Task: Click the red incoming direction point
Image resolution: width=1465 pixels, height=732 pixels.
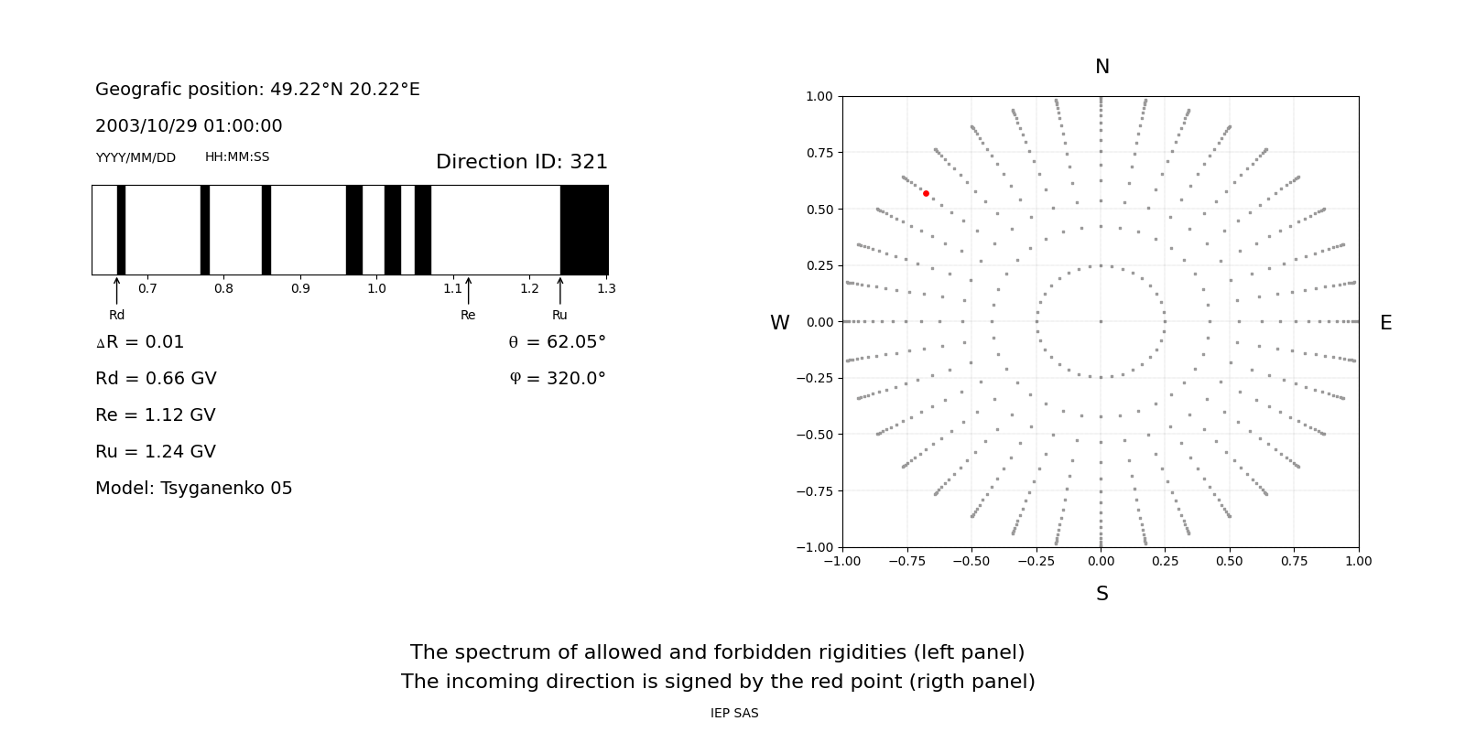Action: pyautogui.click(x=926, y=193)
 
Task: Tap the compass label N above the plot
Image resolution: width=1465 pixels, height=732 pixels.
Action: pyautogui.click(x=1101, y=67)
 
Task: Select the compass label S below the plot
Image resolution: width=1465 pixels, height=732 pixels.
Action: pyautogui.click(x=1101, y=594)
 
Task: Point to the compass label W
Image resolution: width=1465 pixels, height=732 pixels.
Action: pyautogui.click(x=779, y=323)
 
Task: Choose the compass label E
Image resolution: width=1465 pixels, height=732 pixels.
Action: pyautogui.click(x=1385, y=323)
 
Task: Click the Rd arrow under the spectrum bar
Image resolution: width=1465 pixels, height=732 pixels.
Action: pyautogui.click(x=116, y=291)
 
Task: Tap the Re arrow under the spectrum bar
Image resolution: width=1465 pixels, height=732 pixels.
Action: pyautogui.click(x=468, y=291)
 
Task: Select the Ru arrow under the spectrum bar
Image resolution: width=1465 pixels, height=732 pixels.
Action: pyautogui.click(x=559, y=291)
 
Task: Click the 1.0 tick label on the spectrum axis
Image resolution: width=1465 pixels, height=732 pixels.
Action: pyautogui.click(x=376, y=288)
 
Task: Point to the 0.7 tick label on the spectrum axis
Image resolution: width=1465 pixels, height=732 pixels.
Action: pyautogui.click(x=147, y=288)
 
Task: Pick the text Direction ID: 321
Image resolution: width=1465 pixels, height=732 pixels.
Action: pyautogui.click(x=521, y=162)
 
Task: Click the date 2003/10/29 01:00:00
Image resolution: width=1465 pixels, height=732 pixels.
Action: pyautogui.click(x=189, y=126)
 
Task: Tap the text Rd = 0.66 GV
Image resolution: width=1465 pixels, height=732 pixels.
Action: pyautogui.click(x=156, y=379)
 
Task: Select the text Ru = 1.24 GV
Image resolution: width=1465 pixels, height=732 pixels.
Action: pyautogui.click(x=156, y=452)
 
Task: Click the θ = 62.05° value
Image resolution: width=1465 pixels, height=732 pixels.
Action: pyautogui.click(x=557, y=342)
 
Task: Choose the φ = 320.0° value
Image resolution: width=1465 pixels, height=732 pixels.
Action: pyautogui.click(x=557, y=379)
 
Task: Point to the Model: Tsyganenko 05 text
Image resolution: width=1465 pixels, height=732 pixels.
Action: pyautogui.click(x=194, y=489)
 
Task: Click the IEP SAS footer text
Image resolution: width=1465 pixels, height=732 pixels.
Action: pyautogui.click(x=734, y=713)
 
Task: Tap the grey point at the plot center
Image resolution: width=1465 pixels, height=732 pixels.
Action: pyautogui.click(x=1101, y=321)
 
